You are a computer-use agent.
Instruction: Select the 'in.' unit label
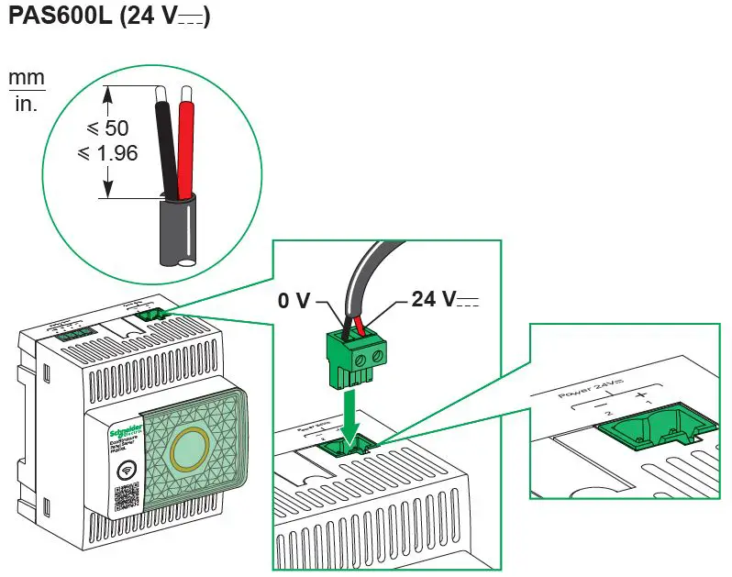coord(27,104)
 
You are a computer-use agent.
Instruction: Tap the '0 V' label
coord(295,300)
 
